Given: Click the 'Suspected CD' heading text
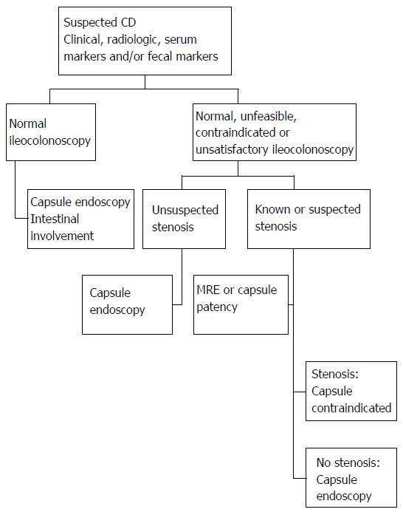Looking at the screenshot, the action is click(100, 22).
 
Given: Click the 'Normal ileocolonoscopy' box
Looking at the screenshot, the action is click(51, 132).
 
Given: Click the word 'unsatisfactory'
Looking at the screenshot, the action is click(232, 149).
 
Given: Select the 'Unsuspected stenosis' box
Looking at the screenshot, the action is click(184, 219).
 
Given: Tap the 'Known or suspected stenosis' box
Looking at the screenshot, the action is click(309, 219).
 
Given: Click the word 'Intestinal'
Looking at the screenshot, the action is click(55, 219).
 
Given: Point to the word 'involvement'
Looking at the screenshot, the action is click(62, 236).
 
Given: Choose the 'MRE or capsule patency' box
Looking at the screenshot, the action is click(241, 304).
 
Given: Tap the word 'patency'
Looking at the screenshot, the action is click(217, 307).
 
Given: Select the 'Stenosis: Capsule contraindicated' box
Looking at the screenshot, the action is click(351, 391).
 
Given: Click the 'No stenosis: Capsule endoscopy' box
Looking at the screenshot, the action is click(351, 477).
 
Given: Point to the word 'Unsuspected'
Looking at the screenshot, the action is click(185, 211).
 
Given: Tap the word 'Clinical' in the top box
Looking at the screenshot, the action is click(82, 40).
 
